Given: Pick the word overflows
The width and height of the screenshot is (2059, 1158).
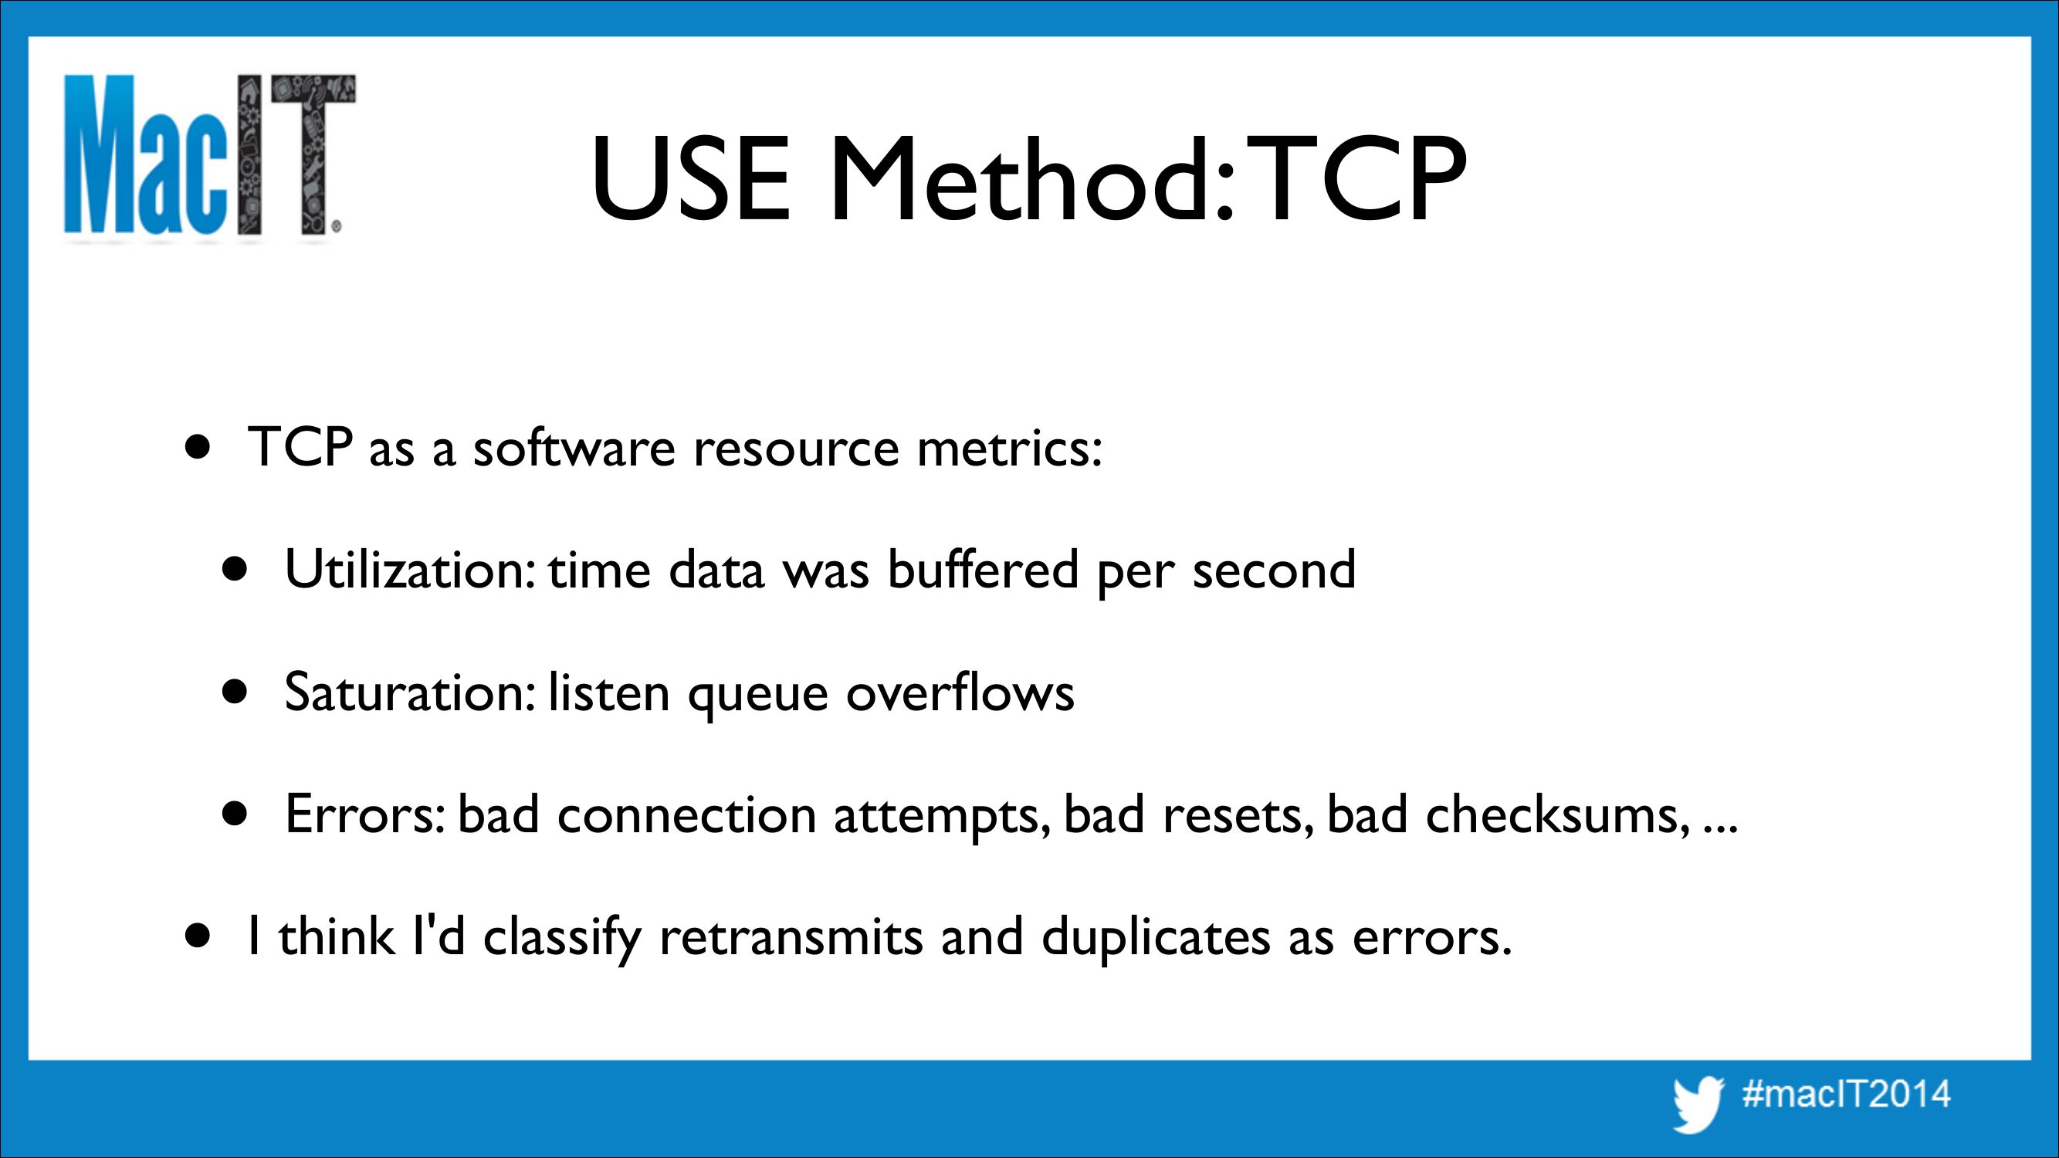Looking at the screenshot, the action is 960,691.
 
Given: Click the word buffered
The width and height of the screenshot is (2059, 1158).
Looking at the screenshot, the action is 983,569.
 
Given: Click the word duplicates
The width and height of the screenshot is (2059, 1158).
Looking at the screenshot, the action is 1156,936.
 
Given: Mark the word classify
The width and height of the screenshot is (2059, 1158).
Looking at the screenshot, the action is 562,936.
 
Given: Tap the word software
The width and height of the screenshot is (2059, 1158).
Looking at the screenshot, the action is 574,447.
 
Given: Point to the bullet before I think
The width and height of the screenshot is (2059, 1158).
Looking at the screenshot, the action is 198,936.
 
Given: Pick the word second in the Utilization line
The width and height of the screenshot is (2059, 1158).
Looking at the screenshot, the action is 1274,569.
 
